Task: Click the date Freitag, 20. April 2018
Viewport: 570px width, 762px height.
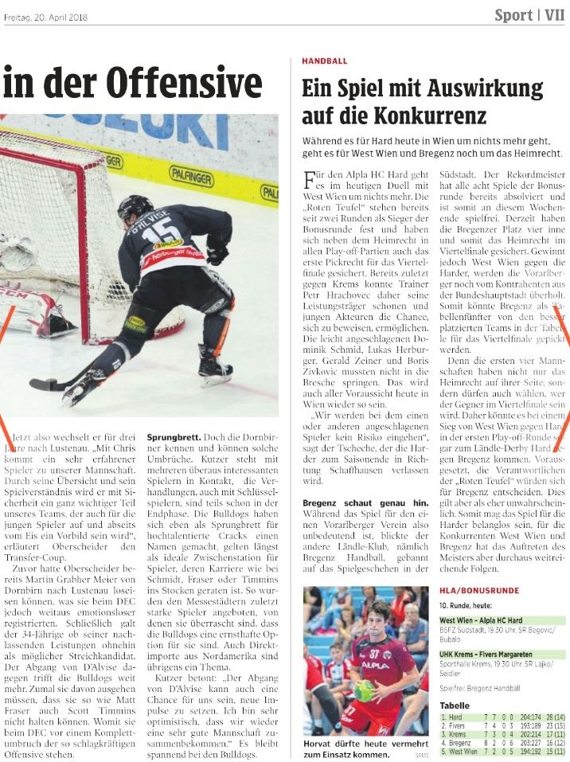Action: click(x=45, y=16)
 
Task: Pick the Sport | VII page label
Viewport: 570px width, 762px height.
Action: click(x=529, y=15)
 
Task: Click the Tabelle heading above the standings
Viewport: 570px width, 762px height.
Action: click(x=455, y=705)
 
